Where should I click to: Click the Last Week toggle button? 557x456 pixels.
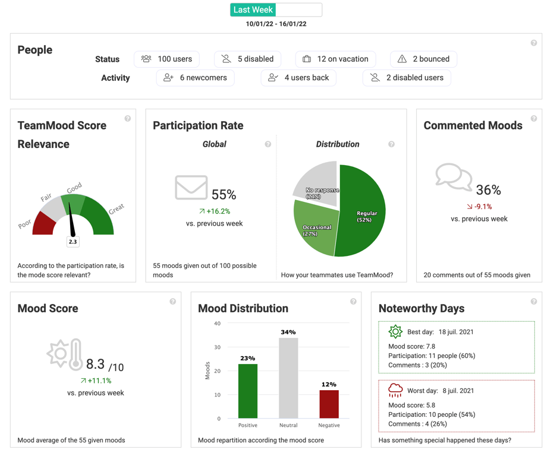click(253, 10)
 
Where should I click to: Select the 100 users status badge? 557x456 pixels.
click(166, 59)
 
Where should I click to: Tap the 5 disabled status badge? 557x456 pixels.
click(247, 59)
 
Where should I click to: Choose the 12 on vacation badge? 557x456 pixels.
click(335, 59)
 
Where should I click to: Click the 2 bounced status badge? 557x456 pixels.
click(423, 59)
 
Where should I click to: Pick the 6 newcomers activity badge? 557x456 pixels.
click(195, 78)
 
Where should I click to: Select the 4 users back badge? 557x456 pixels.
click(298, 78)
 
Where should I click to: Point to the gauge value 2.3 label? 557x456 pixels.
click(73, 242)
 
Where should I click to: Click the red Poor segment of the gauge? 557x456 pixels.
click(44, 224)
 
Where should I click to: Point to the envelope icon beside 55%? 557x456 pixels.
click(191, 188)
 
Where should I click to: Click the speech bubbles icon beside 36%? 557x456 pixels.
click(454, 177)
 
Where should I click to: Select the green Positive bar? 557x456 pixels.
click(248, 391)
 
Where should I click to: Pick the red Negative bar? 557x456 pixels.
click(329, 404)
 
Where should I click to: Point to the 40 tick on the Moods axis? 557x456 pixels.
click(217, 324)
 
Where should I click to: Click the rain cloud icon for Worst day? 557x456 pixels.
click(395, 390)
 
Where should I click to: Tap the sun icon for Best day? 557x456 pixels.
click(395, 332)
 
